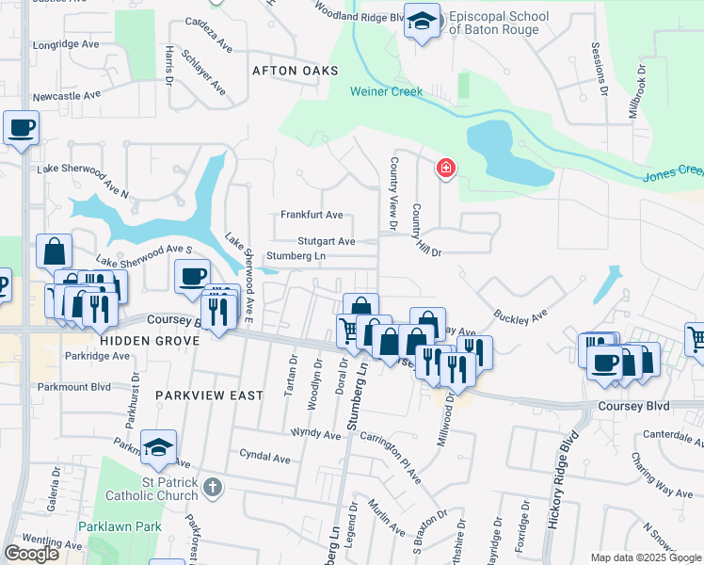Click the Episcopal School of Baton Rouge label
pyautogui.click(x=494, y=24)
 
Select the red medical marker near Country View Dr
pyautogui.click(x=445, y=169)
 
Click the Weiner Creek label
pyautogui.click(x=387, y=91)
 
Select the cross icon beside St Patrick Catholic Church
pyautogui.click(x=214, y=488)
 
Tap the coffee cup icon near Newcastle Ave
pyautogui.click(x=21, y=128)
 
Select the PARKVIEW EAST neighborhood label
pyautogui.click(x=209, y=395)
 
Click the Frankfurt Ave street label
pyautogui.click(x=312, y=215)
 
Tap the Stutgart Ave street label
pyautogui.click(x=327, y=241)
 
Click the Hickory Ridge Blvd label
pyautogui.click(x=557, y=480)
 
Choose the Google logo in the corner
pyautogui.click(x=31, y=554)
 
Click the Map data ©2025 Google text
pyautogui.click(x=646, y=557)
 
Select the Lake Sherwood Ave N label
pyautogui.click(x=82, y=180)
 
